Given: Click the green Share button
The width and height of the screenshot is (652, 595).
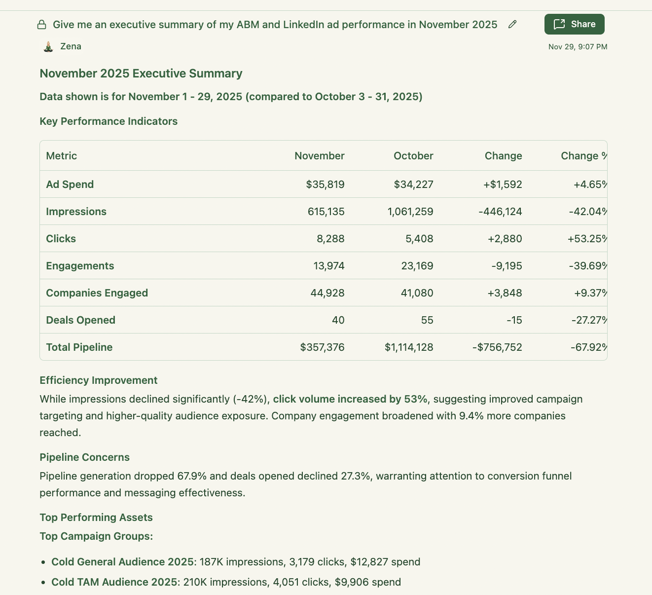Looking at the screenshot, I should tap(574, 24).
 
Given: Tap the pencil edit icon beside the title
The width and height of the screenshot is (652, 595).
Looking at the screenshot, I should tap(512, 25).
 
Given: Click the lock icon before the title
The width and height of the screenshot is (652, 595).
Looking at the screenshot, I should tap(42, 25).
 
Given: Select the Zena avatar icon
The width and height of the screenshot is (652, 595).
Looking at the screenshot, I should tap(48, 47).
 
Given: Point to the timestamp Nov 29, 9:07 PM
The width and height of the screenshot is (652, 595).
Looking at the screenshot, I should tap(578, 47).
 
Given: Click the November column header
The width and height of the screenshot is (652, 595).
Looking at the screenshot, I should tap(319, 156).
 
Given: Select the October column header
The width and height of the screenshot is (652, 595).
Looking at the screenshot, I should tap(413, 156).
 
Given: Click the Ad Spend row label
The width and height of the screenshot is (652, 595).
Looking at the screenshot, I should tap(70, 185).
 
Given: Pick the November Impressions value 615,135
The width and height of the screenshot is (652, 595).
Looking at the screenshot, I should tap(326, 212).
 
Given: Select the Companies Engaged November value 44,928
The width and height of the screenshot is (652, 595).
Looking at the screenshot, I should tap(327, 293).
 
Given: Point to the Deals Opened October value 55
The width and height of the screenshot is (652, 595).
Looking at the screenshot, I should tap(427, 320).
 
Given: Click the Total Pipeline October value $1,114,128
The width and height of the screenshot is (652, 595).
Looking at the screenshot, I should tap(409, 347).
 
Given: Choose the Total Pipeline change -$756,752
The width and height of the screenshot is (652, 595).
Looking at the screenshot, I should tap(497, 347).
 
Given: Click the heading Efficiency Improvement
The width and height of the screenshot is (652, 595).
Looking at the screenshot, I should tap(98, 380).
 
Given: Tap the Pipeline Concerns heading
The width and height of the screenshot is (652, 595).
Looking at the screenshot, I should tap(84, 457).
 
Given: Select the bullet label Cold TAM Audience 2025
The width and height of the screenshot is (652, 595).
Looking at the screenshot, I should tap(115, 582).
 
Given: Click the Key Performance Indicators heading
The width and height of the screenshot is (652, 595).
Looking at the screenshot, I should tap(109, 121).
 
